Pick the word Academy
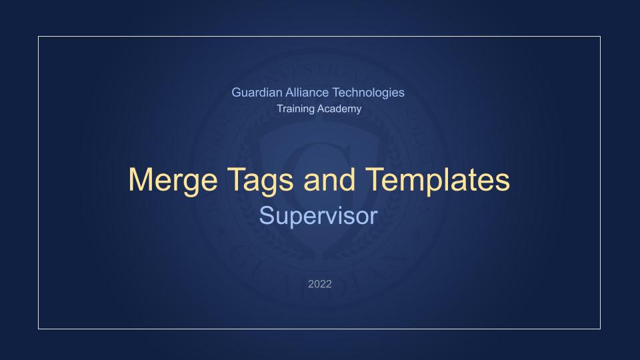coord(340,109)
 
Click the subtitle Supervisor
coord(319,215)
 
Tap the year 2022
coord(319,284)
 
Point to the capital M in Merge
coord(141,180)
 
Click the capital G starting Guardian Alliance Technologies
coord(236,93)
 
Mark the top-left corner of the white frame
coord(39,37)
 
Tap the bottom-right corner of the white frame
coord(600,329)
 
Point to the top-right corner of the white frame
coord(600,37)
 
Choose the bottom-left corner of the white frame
coord(39,329)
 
